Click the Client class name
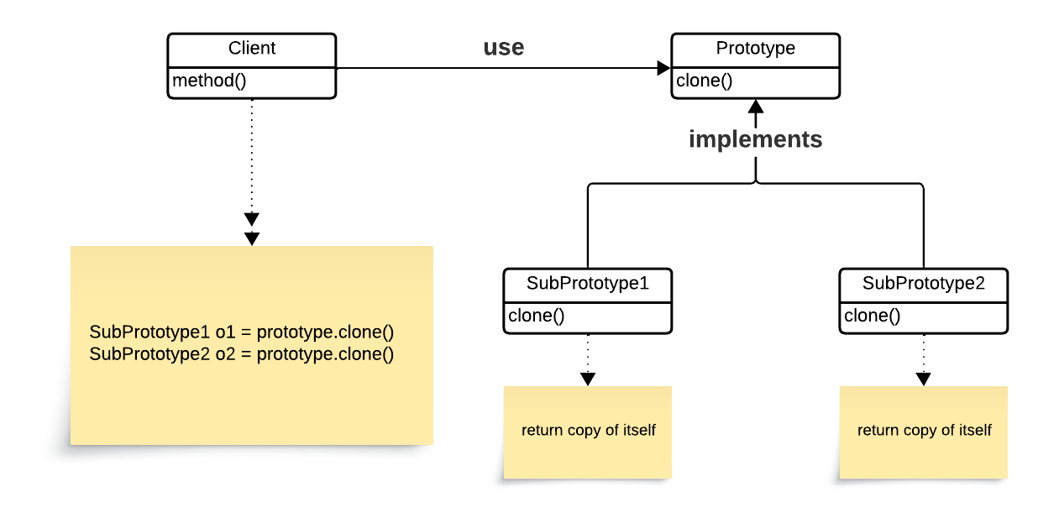pos(252,49)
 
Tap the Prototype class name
pos(755,49)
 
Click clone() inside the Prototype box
pos(704,81)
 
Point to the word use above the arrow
pos(504,48)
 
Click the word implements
pos(755,139)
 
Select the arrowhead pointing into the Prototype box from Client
pos(664,68)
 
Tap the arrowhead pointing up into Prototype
pos(756,107)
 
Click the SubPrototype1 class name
pos(588,284)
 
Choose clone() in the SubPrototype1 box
pos(536,316)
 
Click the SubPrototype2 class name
pos(924,284)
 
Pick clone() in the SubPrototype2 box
pos(872,316)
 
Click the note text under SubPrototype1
pos(588,431)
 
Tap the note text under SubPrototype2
pos(924,431)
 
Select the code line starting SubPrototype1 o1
pos(241,332)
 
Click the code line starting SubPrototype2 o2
pos(241,353)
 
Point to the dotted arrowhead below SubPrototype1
pos(588,379)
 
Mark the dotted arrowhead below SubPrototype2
pos(924,379)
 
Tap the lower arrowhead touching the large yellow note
pos(252,239)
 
